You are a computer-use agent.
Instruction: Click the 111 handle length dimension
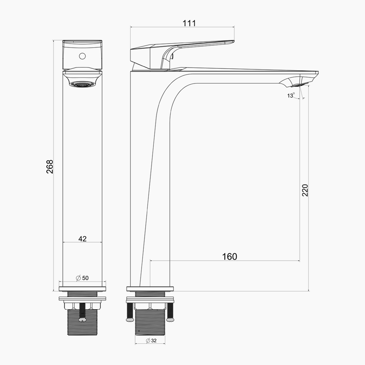click(x=189, y=24)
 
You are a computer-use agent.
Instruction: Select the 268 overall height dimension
click(x=50, y=167)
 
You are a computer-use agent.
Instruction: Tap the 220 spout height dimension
click(x=305, y=190)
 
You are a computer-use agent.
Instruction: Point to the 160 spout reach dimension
click(x=229, y=257)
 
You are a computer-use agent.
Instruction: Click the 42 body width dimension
click(x=82, y=239)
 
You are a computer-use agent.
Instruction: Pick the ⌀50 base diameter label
click(x=82, y=278)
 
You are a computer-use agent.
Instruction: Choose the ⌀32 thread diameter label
click(x=151, y=341)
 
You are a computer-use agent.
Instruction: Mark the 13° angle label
click(x=291, y=95)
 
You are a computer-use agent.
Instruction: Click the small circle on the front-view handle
click(x=82, y=56)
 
